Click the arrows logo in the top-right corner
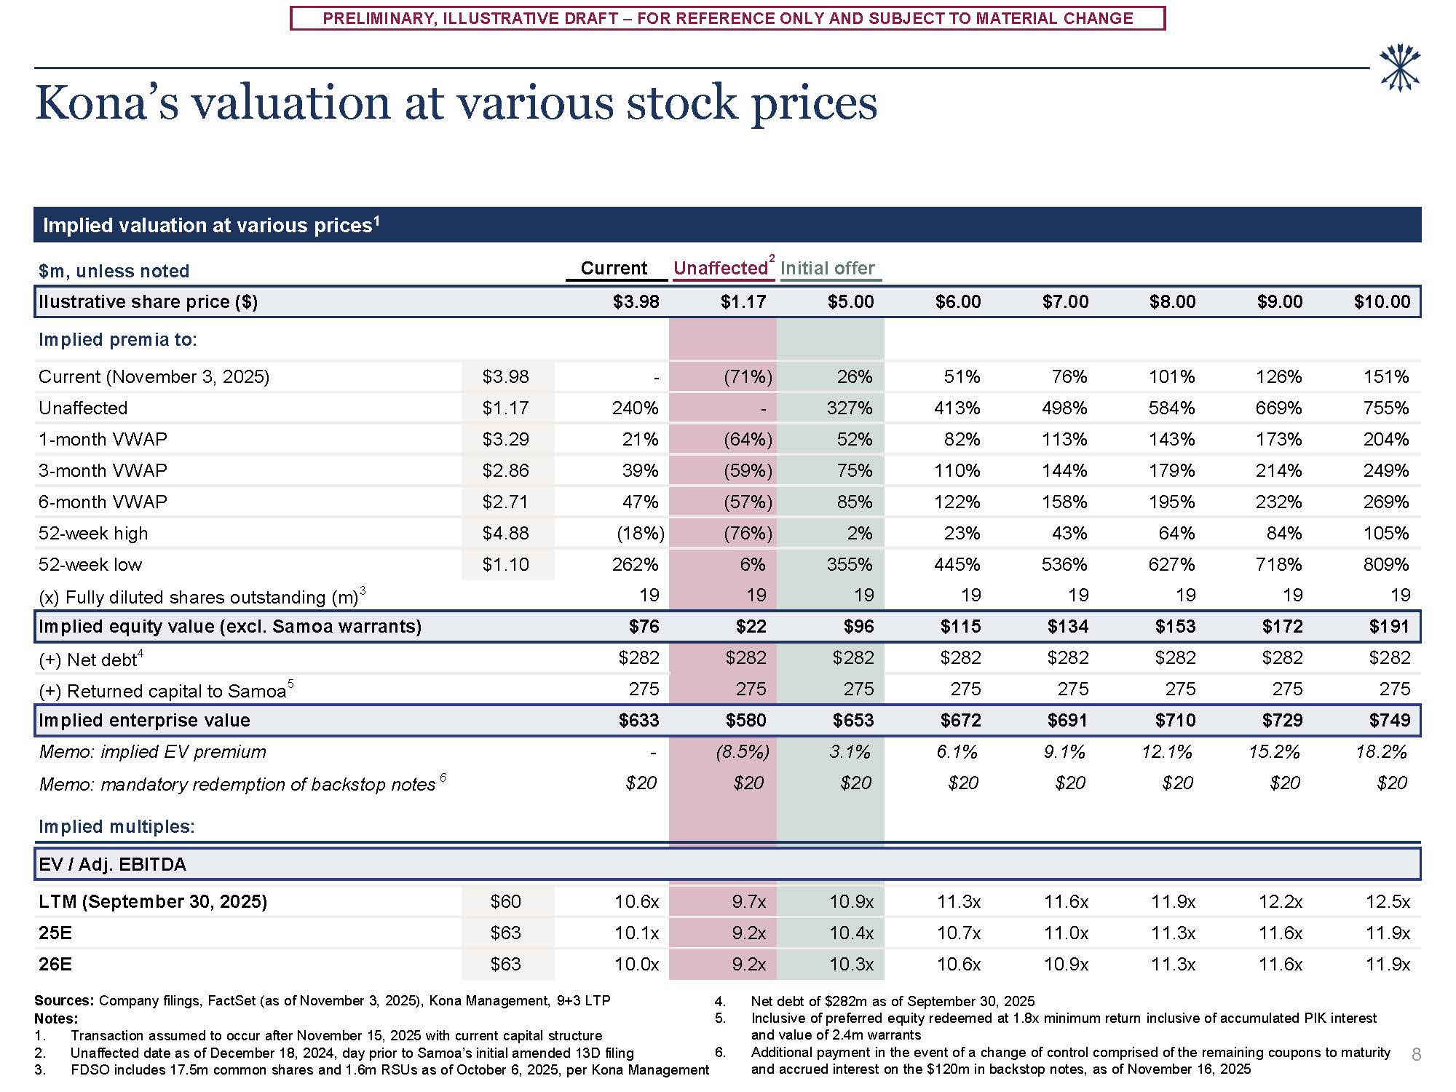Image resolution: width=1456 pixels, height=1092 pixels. click(x=1400, y=68)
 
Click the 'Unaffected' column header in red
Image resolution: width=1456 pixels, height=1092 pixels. click(x=720, y=268)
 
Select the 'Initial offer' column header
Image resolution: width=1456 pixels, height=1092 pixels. click(x=828, y=268)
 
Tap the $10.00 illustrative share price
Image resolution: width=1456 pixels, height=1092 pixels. click(x=1382, y=301)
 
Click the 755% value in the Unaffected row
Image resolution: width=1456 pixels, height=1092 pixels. click(x=1385, y=408)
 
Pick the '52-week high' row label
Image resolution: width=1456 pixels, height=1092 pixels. click(x=93, y=533)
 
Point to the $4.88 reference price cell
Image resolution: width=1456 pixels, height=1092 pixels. click(x=505, y=533)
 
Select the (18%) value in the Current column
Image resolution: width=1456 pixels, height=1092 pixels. click(x=640, y=533)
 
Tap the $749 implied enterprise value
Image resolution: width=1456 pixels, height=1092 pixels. click(x=1389, y=720)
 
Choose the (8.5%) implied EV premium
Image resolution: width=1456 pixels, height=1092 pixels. click(x=743, y=751)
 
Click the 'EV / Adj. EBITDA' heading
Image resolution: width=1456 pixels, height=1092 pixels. click(x=113, y=864)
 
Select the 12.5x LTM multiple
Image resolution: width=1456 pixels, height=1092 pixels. click(x=1388, y=901)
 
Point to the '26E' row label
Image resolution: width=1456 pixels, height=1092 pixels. click(x=55, y=964)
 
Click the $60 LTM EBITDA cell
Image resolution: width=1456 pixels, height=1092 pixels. click(x=505, y=901)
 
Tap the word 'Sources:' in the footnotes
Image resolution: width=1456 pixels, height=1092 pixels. click(x=64, y=1000)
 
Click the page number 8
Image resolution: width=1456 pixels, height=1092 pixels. click(x=1416, y=1054)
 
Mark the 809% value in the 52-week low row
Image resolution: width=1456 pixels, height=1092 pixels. click(x=1385, y=564)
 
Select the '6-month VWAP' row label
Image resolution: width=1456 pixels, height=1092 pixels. click(x=103, y=502)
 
